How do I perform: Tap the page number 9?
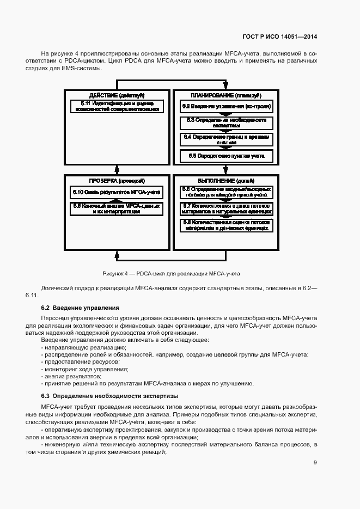(x=315, y=463)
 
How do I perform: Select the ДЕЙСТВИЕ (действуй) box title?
(x=117, y=95)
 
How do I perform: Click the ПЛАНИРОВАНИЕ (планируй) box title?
(x=225, y=95)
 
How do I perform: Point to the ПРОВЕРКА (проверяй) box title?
(x=117, y=180)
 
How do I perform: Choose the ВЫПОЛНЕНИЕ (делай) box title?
(x=225, y=180)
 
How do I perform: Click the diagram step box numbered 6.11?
(x=117, y=106)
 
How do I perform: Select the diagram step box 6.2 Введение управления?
(x=225, y=106)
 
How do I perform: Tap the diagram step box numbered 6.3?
(x=225, y=122)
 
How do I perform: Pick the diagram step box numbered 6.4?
(x=225, y=139)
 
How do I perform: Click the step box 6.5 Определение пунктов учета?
(x=225, y=156)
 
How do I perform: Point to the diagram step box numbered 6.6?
(x=225, y=192)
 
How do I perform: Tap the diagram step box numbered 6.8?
(x=225, y=225)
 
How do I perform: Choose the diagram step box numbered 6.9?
(x=117, y=208)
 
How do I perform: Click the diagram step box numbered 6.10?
(x=117, y=192)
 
